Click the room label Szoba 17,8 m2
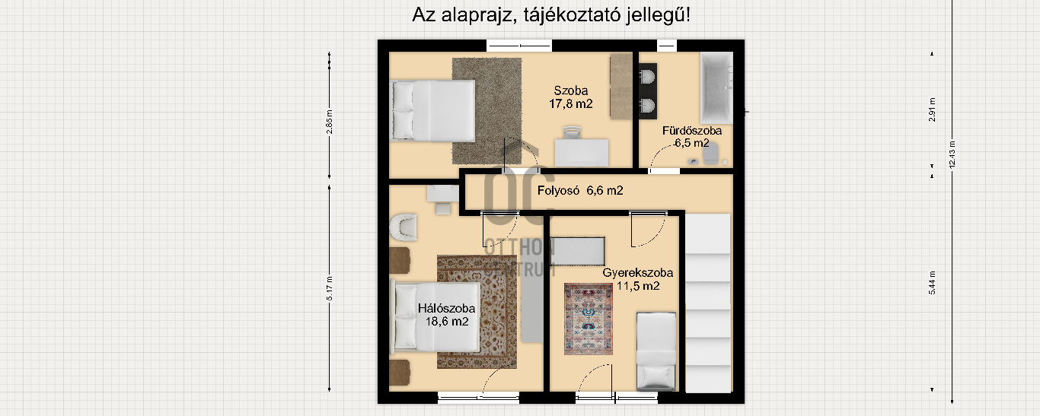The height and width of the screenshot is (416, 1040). [570, 97]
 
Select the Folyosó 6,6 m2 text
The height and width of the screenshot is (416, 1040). [580, 191]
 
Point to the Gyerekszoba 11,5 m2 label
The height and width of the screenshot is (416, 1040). [637, 279]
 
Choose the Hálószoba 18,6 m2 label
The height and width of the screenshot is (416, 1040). [446, 315]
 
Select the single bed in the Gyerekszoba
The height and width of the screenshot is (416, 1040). [656, 351]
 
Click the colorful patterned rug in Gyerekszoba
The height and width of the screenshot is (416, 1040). [588, 319]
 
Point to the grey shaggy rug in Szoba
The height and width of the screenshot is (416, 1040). [487, 110]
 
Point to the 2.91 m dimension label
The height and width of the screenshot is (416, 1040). [932, 110]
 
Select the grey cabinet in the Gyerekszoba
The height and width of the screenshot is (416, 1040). [577, 249]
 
